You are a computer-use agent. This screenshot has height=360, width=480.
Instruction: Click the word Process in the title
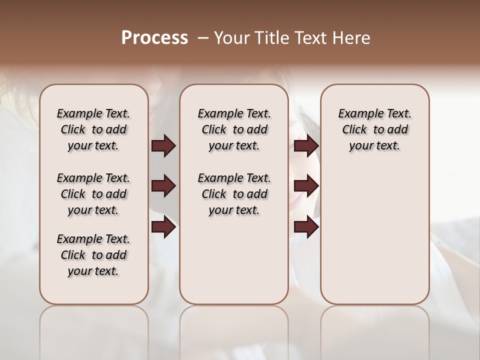click(154, 38)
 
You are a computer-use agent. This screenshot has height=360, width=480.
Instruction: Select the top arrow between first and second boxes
click(163, 146)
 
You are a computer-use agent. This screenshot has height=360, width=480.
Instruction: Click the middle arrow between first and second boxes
click(163, 186)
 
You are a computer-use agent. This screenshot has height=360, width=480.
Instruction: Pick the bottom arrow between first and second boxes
click(163, 227)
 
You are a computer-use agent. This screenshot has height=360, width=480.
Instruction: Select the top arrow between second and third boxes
click(306, 146)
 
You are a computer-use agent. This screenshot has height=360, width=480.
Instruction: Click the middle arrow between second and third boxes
click(306, 186)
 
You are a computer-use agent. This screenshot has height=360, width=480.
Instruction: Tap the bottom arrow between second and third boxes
click(306, 227)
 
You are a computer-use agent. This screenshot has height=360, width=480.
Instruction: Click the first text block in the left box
click(93, 129)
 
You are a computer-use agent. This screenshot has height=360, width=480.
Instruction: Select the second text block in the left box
click(93, 194)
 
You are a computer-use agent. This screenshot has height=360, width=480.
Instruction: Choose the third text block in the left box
click(93, 255)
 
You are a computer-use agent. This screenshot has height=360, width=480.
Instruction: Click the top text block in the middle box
click(234, 129)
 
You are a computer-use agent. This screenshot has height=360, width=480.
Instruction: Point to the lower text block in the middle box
click(234, 194)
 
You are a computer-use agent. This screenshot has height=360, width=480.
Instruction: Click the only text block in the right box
click(374, 129)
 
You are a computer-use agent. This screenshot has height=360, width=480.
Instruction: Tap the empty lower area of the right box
click(374, 235)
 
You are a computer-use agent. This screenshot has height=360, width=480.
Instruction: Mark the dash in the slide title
click(203, 38)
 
